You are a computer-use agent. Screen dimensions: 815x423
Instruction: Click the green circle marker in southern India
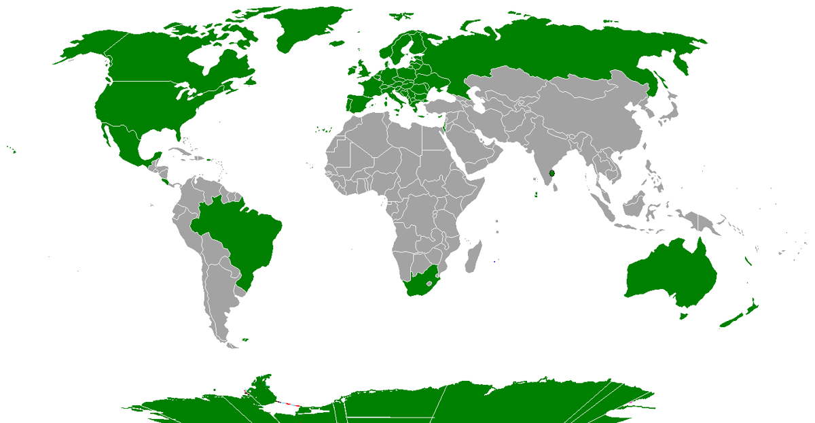(552, 173)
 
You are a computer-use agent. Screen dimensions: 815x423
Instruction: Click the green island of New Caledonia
(748, 260)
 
